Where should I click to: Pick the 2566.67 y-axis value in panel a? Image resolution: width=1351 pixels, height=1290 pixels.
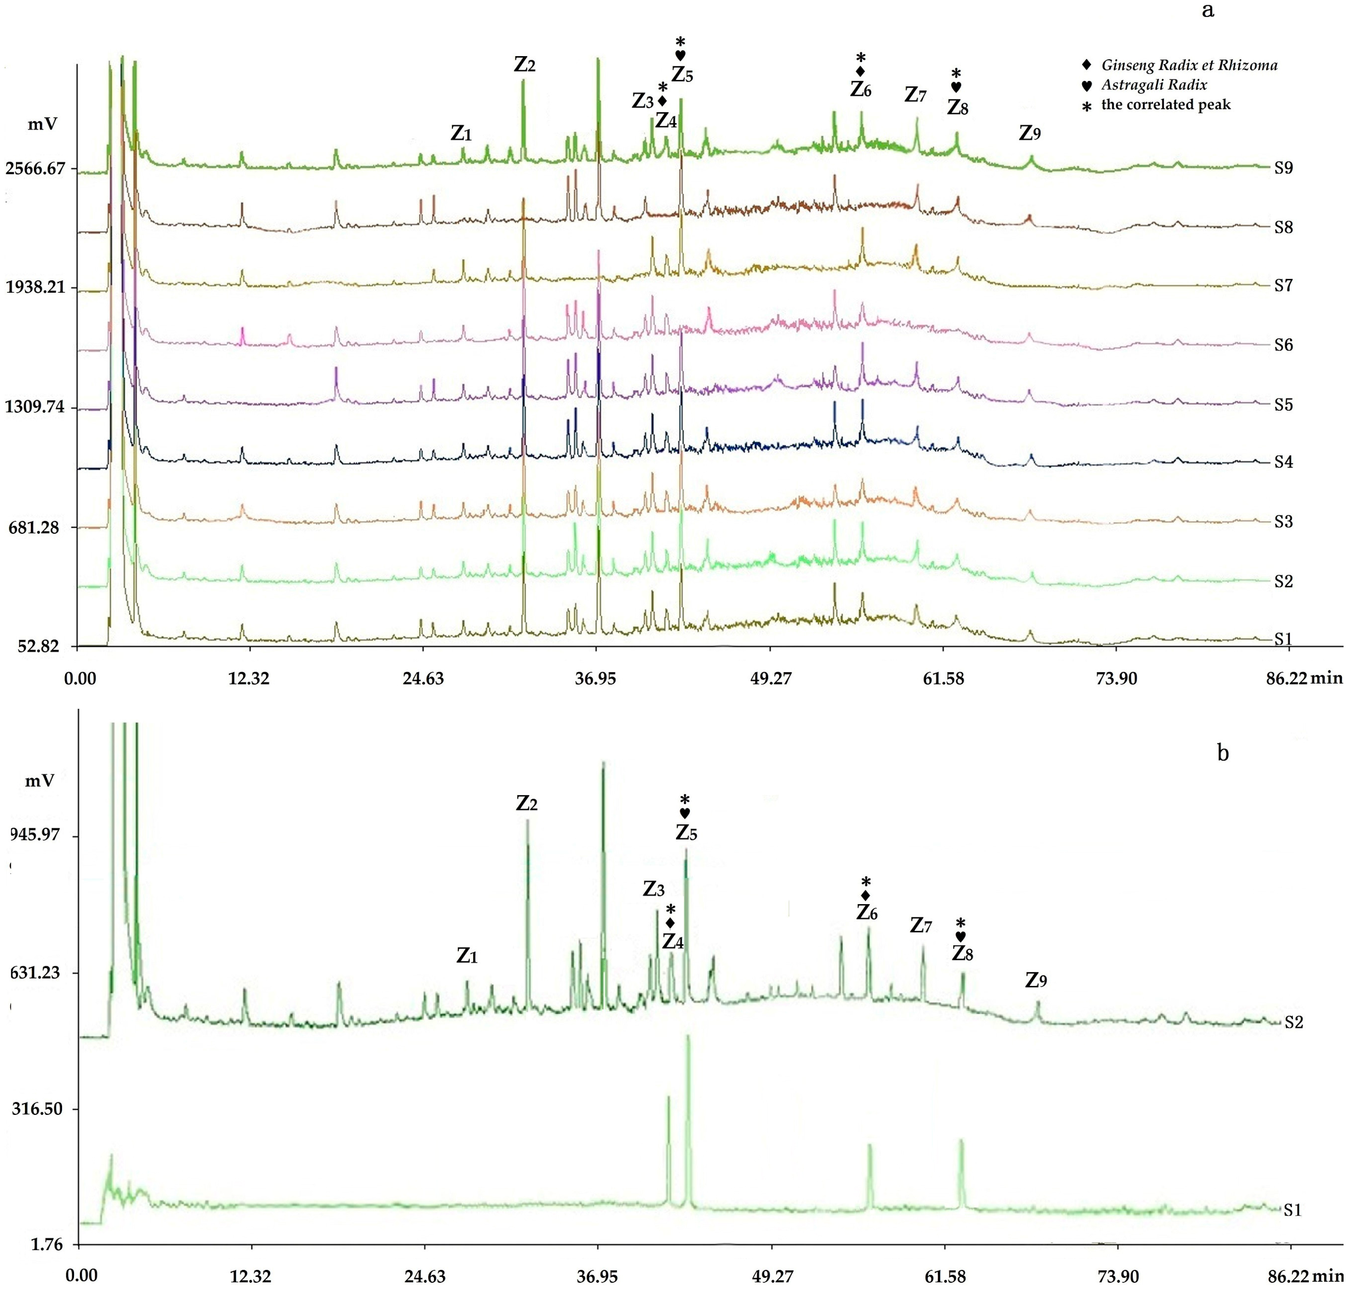(x=40, y=168)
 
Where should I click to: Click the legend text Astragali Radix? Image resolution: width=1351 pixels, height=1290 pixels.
(x=1154, y=85)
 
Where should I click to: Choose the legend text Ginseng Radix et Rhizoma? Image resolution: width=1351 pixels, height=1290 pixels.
(x=1188, y=65)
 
